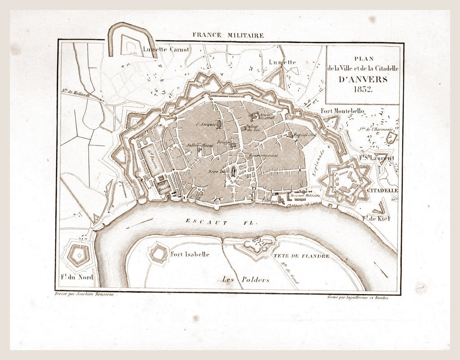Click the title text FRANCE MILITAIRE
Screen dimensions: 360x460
point(228,35)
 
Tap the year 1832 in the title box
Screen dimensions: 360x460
point(363,89)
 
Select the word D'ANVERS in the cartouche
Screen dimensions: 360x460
point(363,79)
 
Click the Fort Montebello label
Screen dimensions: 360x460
point(343,111)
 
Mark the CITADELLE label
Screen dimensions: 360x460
point(382,190)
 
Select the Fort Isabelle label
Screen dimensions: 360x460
point(190,254)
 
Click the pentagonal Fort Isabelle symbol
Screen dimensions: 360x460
point(159,253)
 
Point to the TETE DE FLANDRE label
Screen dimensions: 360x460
point(301,256)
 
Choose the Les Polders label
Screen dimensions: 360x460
point(245,279)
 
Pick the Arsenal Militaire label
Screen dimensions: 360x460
point(305,196)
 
